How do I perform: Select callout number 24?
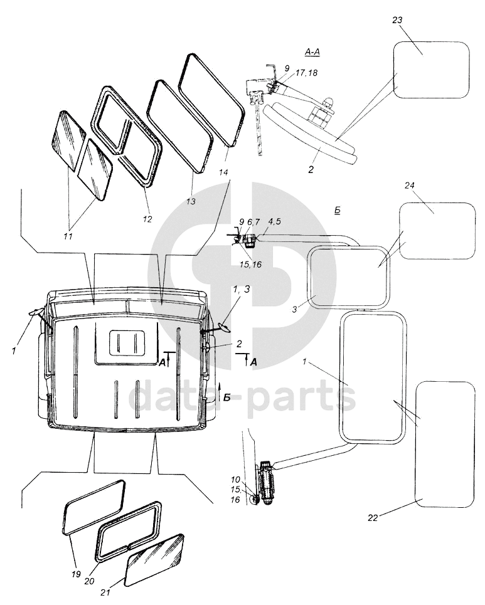tap(410, 186)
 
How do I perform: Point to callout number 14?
tap(223, 171)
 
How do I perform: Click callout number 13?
tap(191, 201)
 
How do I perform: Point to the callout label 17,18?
tap(304, 73)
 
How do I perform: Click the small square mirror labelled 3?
tap(347, 276)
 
